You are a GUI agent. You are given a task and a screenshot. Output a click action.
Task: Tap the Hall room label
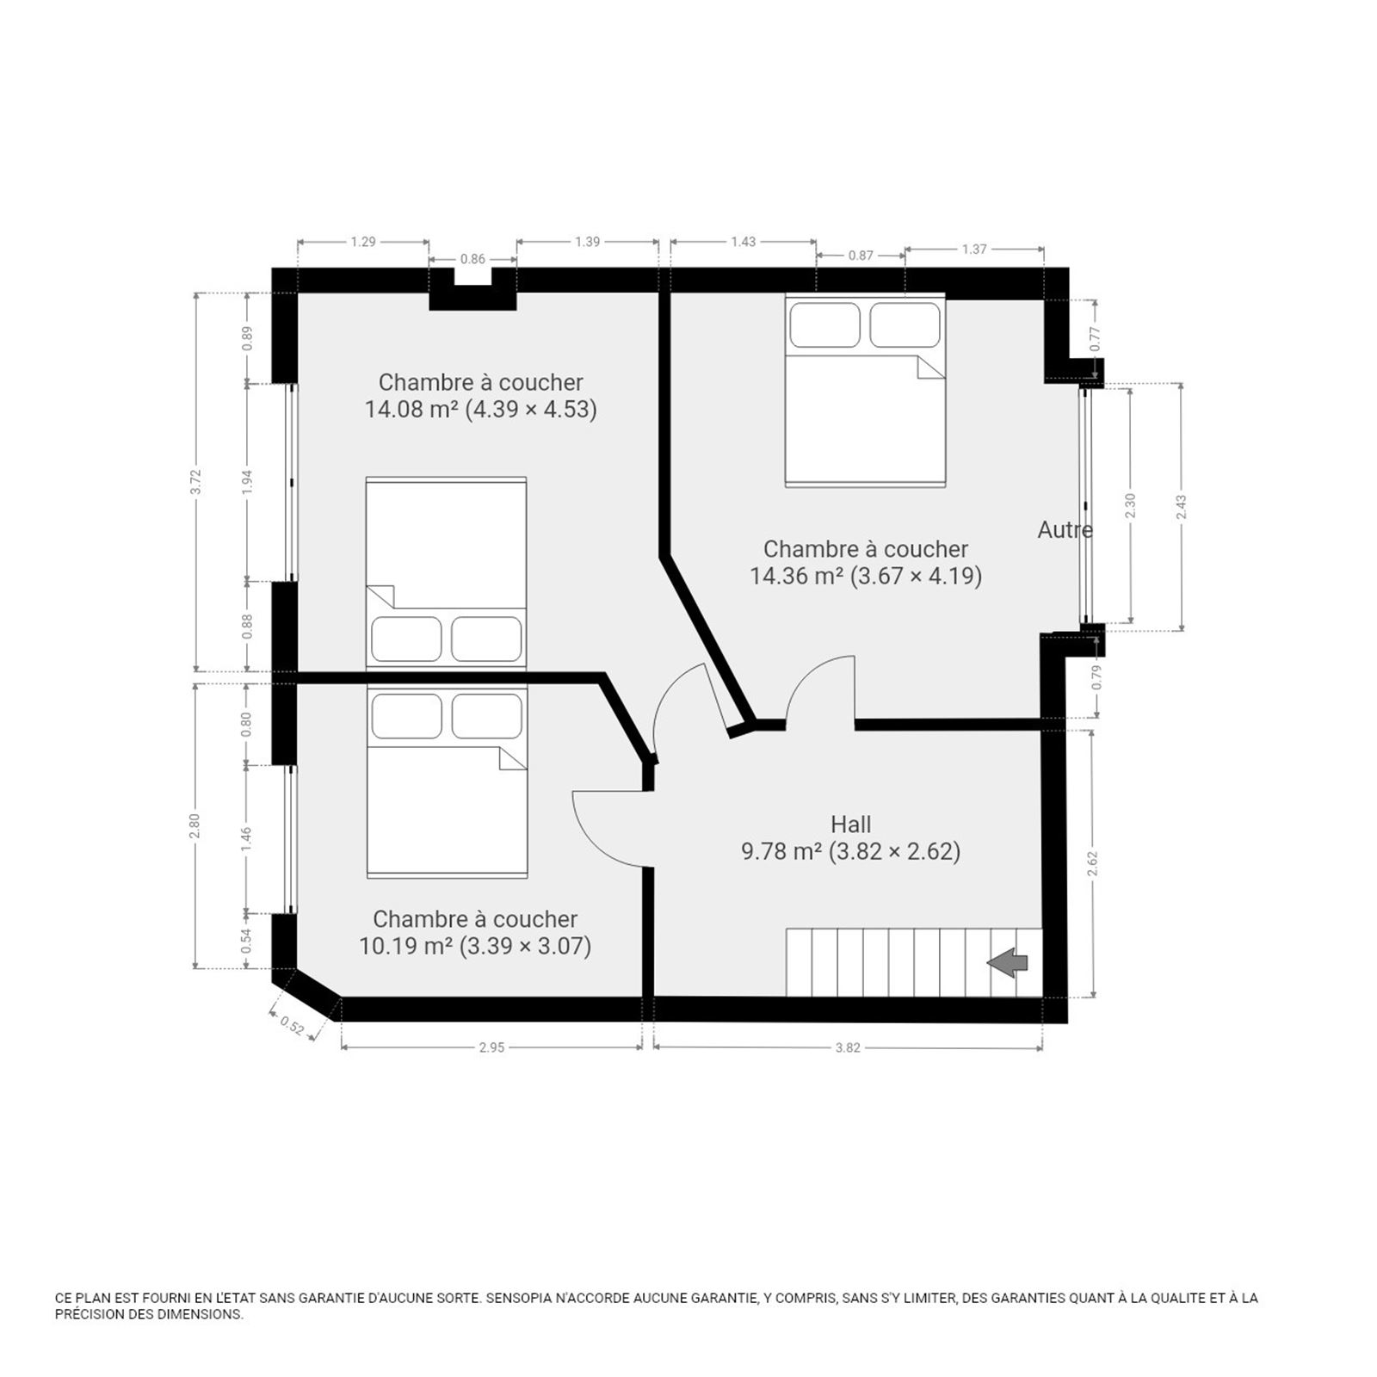click(851, 824)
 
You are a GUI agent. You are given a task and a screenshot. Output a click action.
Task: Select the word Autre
click(1065, 530)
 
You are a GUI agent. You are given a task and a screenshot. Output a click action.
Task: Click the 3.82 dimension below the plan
click(848, 1047)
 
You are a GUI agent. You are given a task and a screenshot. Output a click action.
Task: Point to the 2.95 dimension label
click(491, 1047)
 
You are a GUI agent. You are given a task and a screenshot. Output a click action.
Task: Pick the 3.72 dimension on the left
click(196, 482)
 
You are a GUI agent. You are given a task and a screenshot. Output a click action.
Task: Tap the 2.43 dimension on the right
click(1182, 506)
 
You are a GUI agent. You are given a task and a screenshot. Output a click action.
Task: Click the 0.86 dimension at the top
click(472, 258)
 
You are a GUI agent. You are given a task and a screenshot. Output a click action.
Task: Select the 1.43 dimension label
click(744, 242)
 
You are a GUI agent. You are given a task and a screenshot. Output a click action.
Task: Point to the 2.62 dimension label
click(1092, 863)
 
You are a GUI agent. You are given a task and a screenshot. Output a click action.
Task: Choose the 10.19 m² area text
click(405, 946)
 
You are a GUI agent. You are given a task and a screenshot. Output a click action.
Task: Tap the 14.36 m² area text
click(796, 576)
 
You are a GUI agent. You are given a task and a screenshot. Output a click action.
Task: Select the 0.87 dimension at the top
click(861, 255)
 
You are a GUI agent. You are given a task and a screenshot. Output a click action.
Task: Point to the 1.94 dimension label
click(248, 482)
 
